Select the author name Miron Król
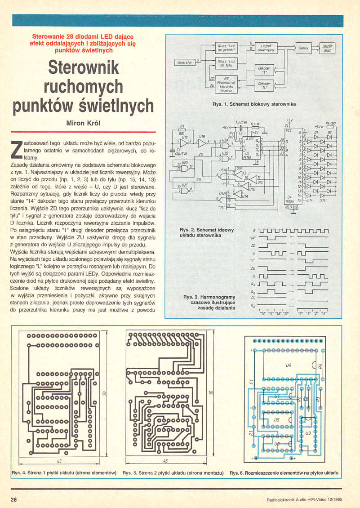pos(83,123)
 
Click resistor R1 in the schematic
pos(182,131)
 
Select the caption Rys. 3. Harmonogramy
pos(209,297)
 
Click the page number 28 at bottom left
pos(13,499)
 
